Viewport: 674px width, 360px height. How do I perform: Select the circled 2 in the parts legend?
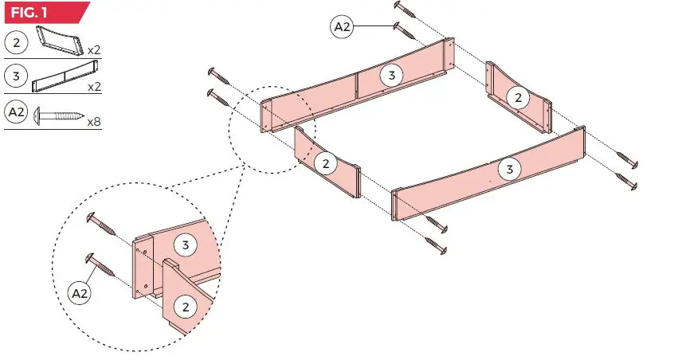(15, 40)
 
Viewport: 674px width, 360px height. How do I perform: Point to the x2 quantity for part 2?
(93, 49)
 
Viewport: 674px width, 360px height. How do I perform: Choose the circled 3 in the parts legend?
(15, 76)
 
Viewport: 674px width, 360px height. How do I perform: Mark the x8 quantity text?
(93, 123)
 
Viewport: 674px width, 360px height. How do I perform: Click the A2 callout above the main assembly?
(342, 26)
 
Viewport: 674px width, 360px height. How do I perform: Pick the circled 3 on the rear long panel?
(390, 75)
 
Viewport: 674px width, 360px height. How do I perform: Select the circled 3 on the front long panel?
(509, 169)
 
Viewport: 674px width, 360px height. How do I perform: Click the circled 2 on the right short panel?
(519, 97)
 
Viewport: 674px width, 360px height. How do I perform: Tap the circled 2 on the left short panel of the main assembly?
(325, 163)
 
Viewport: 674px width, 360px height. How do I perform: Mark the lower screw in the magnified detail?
(96, 262)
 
